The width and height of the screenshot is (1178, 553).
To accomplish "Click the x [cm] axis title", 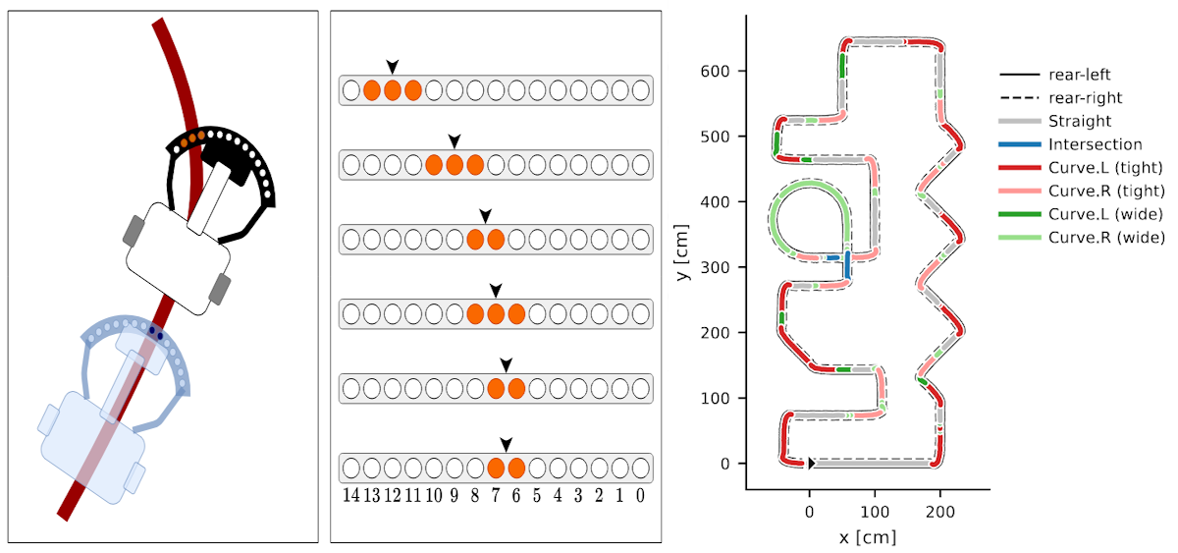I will pos(868,537).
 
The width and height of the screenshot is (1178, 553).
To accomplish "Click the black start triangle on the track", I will pos(812,463).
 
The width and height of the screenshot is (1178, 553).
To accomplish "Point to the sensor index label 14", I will pos(350,496).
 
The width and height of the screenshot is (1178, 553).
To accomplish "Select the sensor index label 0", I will pos(641,496).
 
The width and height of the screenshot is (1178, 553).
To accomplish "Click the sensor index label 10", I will pos(433,496).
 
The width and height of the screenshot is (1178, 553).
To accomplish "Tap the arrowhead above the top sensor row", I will pos(393,67).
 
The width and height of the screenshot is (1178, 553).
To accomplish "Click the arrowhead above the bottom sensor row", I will pos(506,445).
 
